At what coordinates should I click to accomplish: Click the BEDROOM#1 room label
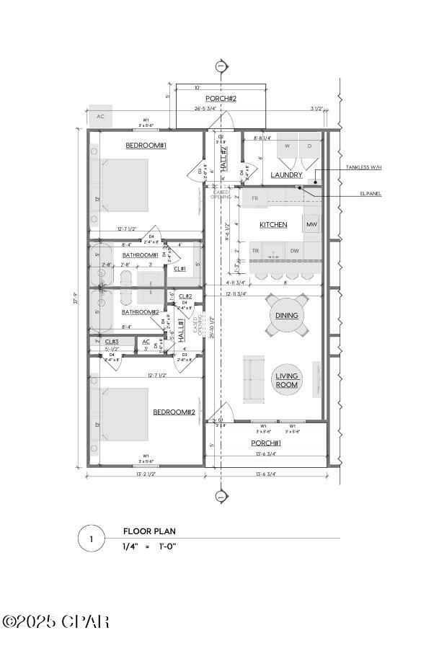coord(146,146)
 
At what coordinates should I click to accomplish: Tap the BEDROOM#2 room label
coord(174,412)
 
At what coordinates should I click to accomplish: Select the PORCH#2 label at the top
coord(221,98)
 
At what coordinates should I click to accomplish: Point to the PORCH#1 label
coord(266,443)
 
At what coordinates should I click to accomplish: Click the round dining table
coord(287,316)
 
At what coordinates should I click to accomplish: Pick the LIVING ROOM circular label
coord(287,381)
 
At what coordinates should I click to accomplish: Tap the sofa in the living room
coord(252,378)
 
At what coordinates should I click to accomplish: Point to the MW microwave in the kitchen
coord(311,225)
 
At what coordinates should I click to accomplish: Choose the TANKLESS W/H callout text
coord(362,168)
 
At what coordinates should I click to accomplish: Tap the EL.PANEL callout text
coord(371,193)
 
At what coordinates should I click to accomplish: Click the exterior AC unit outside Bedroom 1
coord(100,116)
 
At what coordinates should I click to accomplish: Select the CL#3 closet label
coord(112,342)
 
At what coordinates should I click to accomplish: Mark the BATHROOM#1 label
coord(140,255)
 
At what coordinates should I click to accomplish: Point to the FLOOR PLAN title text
coord(149,531)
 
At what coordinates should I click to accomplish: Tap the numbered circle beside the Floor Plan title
coord(91,539)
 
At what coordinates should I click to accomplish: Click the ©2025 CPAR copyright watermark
coord(56,621)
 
